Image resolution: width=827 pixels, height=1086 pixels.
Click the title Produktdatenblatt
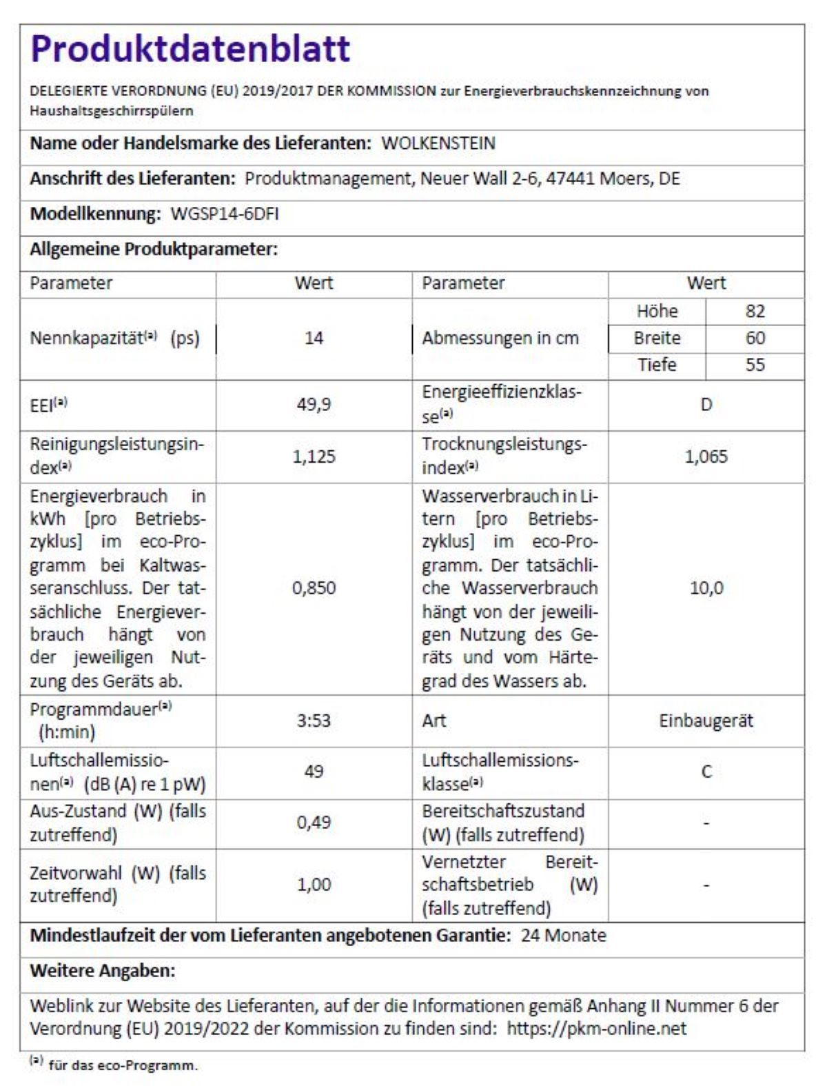(x=190, y=49)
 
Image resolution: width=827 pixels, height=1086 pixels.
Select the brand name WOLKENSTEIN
(x=438, y=143)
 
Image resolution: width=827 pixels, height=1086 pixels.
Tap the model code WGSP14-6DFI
(x=225, y=214)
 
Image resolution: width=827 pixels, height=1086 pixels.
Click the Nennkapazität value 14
(x=314, y=338)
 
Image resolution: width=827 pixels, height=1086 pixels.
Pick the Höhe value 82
(x=755, y=311)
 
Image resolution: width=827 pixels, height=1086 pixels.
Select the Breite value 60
(x=755, y=338)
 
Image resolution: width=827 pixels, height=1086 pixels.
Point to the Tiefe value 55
(x=755, y=364)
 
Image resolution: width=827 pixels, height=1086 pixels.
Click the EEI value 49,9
(x=314, y=404)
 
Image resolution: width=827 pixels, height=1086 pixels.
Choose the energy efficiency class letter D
(x=706, y=404)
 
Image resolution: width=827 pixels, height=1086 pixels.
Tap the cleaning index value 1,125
(x=314, y=456)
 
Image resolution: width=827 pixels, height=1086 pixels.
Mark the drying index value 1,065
(x=706, y=456)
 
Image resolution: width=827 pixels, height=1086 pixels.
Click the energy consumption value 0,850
(x=314, y=588)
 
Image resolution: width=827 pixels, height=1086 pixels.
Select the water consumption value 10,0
(x=706, y=588)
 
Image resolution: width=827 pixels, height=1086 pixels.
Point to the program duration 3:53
(x=314, y=721)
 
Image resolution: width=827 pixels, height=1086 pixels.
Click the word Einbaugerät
(x=706, y=721)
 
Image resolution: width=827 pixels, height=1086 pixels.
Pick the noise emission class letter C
(x=706, y=772)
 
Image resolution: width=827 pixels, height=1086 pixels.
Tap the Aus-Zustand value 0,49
(x=314, y=822)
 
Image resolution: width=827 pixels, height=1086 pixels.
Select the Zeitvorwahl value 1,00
(x=314, y=884)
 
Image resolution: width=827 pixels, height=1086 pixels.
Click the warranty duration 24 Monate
(x=564, y=936)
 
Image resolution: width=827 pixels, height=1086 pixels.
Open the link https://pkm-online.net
(x=597, y=1029)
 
